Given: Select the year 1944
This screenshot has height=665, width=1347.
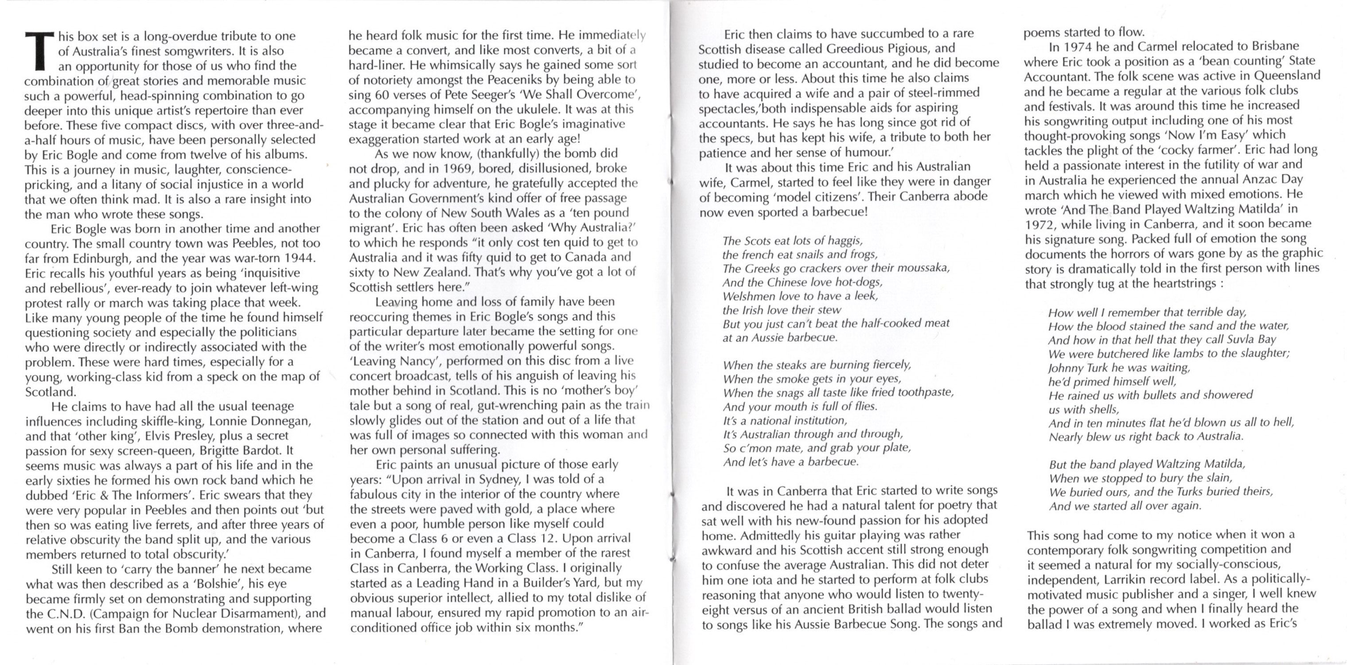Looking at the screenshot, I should (x=300, y=258).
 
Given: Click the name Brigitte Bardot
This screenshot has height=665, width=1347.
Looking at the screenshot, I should (x=245, y=450).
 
